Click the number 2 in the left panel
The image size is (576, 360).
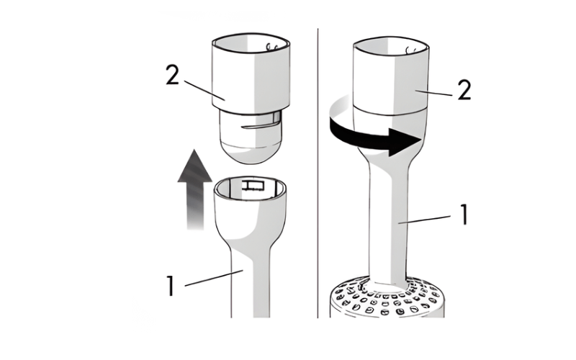172,75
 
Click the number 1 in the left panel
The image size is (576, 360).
170,285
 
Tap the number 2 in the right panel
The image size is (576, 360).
464,90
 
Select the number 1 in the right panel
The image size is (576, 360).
464,215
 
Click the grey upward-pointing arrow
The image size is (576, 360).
194,189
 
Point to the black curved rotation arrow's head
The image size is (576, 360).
405,142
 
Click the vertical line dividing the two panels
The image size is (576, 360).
318,173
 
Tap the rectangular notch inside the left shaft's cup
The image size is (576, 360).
253,186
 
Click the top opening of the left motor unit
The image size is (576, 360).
251,42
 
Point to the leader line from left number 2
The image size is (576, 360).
204,90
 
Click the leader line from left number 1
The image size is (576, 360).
214,278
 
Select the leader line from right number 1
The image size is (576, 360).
425,220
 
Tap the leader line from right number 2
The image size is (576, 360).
433,93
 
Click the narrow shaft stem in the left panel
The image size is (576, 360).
251,283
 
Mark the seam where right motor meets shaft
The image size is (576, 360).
390,110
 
